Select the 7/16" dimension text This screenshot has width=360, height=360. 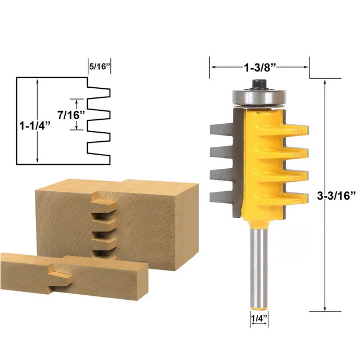pos(73,115)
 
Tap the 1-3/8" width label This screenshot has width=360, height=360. pos(259,68)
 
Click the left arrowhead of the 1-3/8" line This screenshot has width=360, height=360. pos(213,68)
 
